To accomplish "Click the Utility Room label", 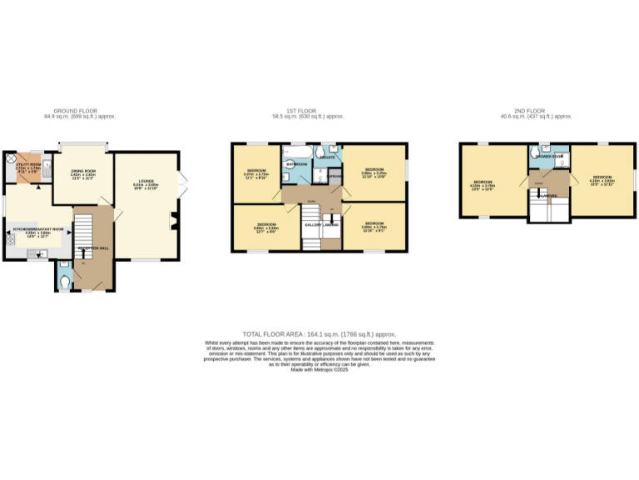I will click(28, 165).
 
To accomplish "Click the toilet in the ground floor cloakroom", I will click(66, 282).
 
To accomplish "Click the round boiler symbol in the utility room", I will click(11, 157).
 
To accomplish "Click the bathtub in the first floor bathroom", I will click(297, 152).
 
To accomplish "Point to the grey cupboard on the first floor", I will click(334, 177).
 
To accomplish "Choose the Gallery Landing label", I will click(320, 225).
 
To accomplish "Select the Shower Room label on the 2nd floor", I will click(549, 157).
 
